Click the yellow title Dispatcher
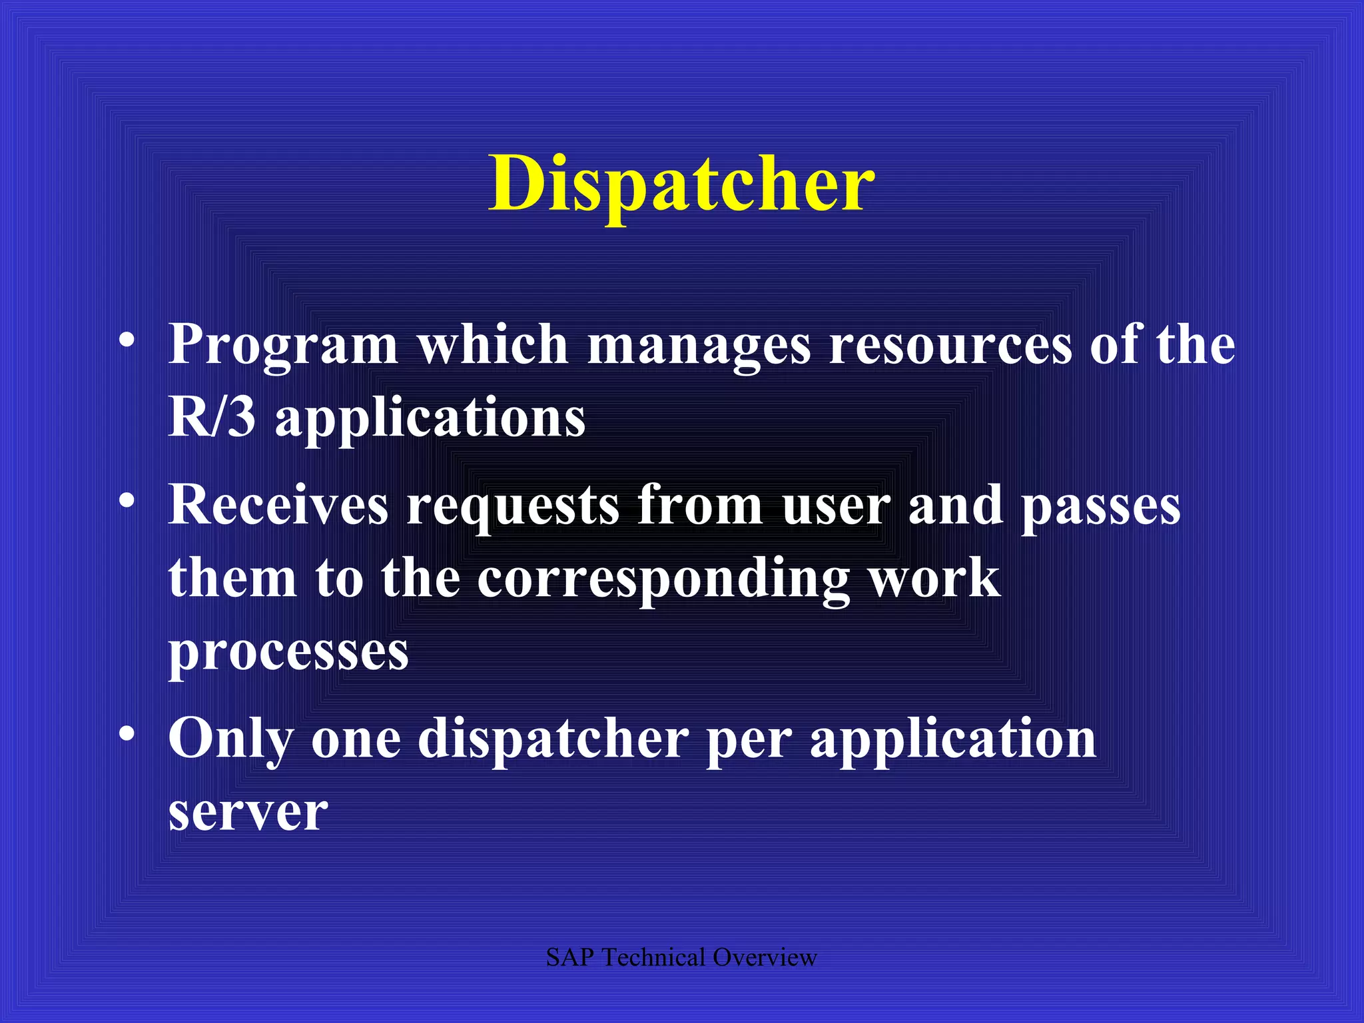point(681,184)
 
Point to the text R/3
point(212,418)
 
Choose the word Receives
point(278,505)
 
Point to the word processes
point(288,653)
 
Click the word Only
point(230,740)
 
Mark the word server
point(248,813)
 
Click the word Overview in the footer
point(765,958)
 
